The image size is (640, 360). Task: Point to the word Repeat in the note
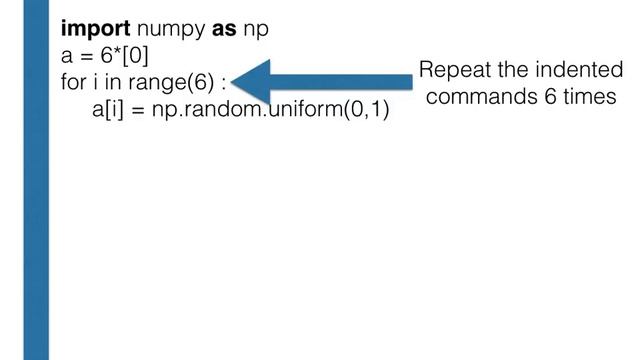click(453, 71)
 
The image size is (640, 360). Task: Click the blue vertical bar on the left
click(36, 180)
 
